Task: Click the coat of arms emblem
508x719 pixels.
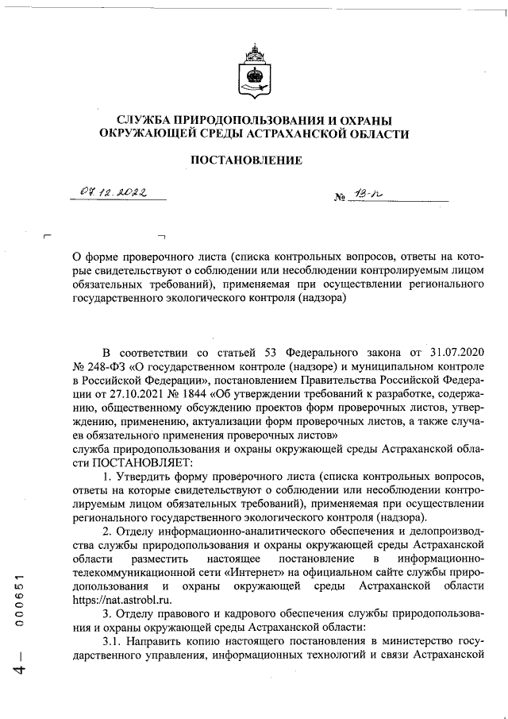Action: (x=254, y=70)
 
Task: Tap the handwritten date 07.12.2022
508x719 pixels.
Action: (x=117, y=191)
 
